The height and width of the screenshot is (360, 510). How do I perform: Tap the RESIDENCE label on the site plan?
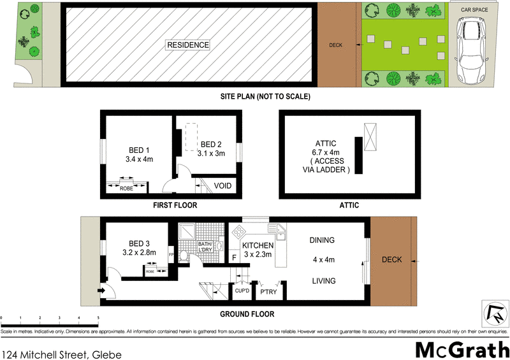point(187,45)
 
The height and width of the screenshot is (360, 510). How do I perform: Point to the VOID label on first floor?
point(222,186)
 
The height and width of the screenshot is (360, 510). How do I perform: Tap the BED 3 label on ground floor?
point(139,243)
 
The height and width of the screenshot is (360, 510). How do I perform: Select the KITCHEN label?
point(258,245)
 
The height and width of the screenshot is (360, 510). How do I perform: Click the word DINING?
point(322,240)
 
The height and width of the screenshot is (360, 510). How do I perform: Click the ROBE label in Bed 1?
point(126,189)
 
